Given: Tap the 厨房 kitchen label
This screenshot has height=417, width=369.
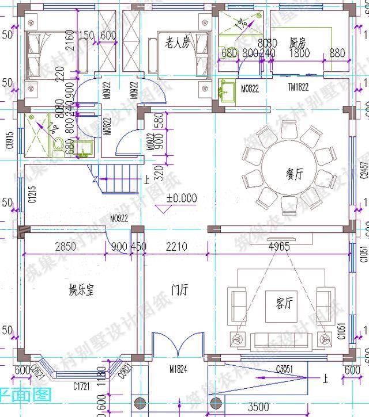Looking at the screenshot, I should pyautogui.click(x=298, y=43).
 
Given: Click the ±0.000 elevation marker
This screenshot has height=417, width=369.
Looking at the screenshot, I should pyautogui.click(x=182, y=198).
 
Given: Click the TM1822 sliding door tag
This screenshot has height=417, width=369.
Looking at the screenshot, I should pyautogui.click(x=299, y=88).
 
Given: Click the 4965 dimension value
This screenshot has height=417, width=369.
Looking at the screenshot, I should pyautogui.click(x=279, y=247).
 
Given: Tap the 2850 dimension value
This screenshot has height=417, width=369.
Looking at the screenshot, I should pyautogui.click(x=66, y=247).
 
